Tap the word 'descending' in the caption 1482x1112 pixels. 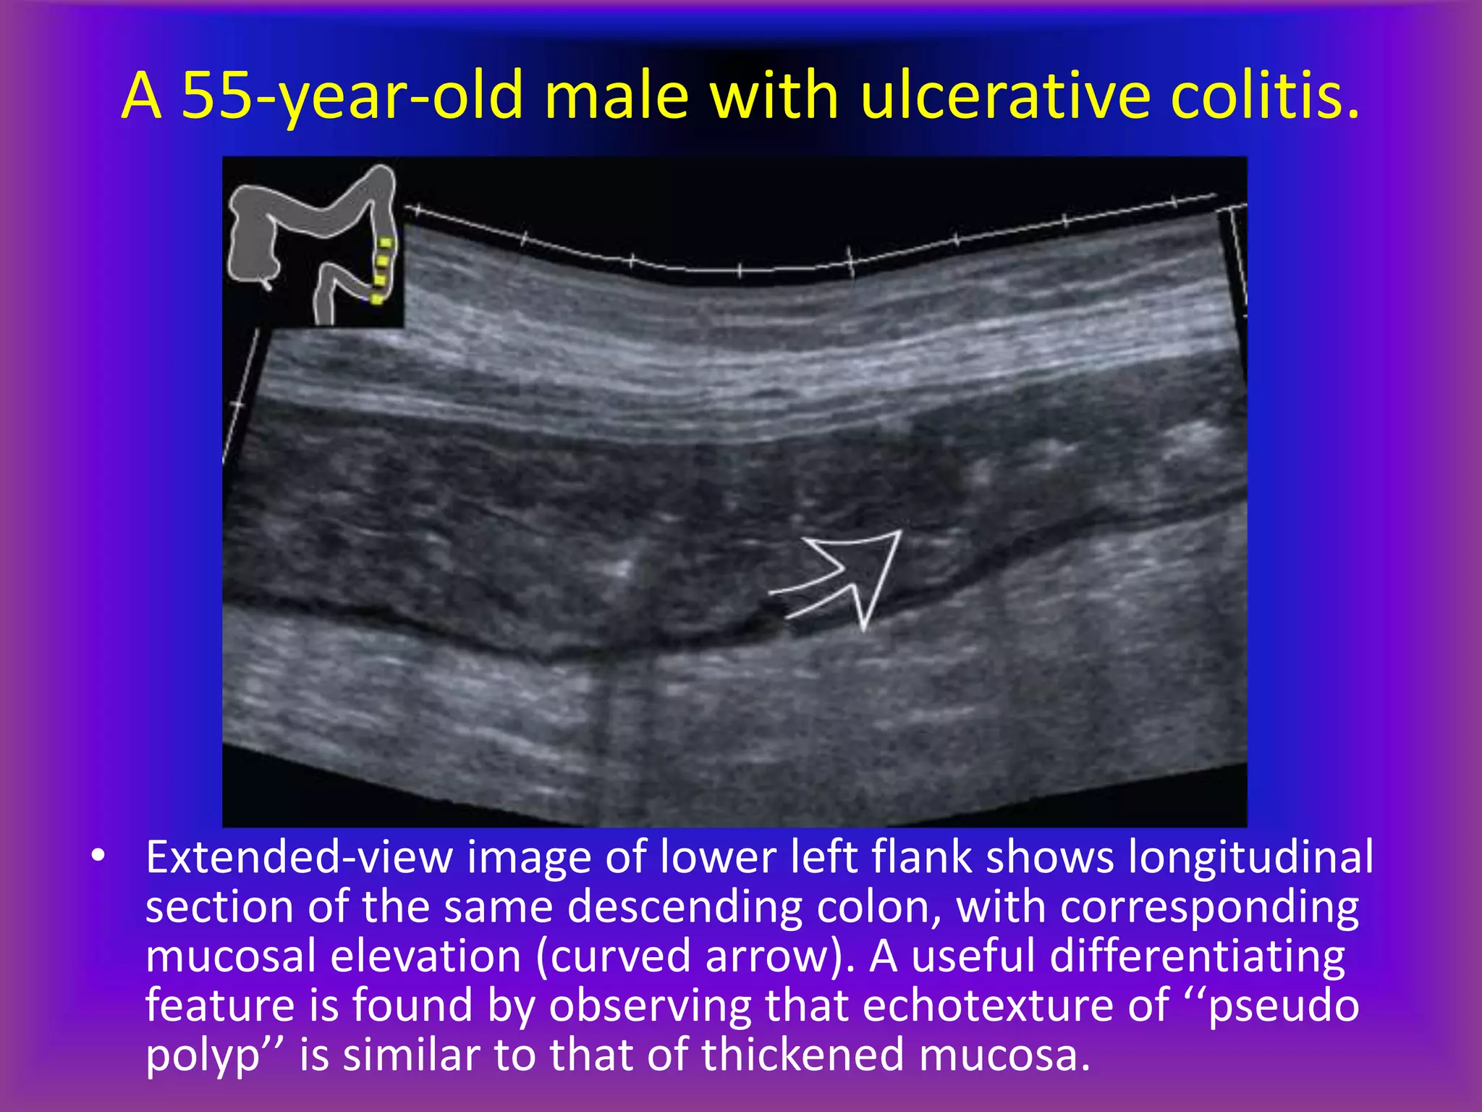[685, 907]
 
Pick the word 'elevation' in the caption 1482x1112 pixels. [426, 956]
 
